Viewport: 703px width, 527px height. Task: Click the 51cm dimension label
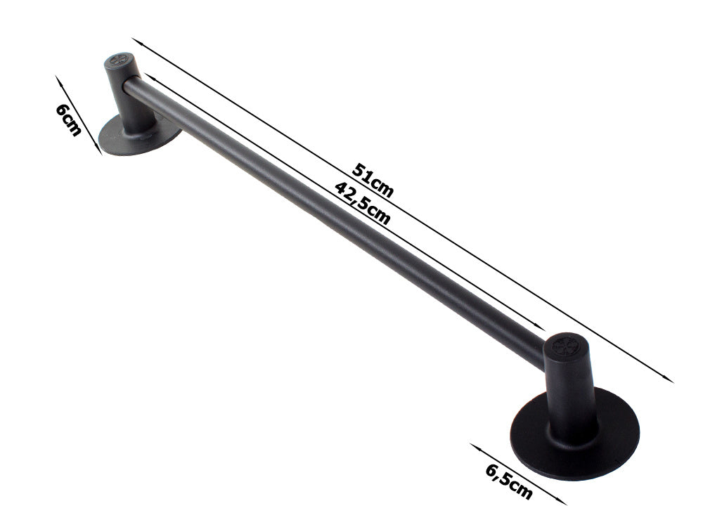point(372,181)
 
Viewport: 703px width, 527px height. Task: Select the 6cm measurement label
point(68,119)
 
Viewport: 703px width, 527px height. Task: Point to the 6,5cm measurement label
point(508,481)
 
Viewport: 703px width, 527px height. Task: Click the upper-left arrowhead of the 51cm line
point(133,40)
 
